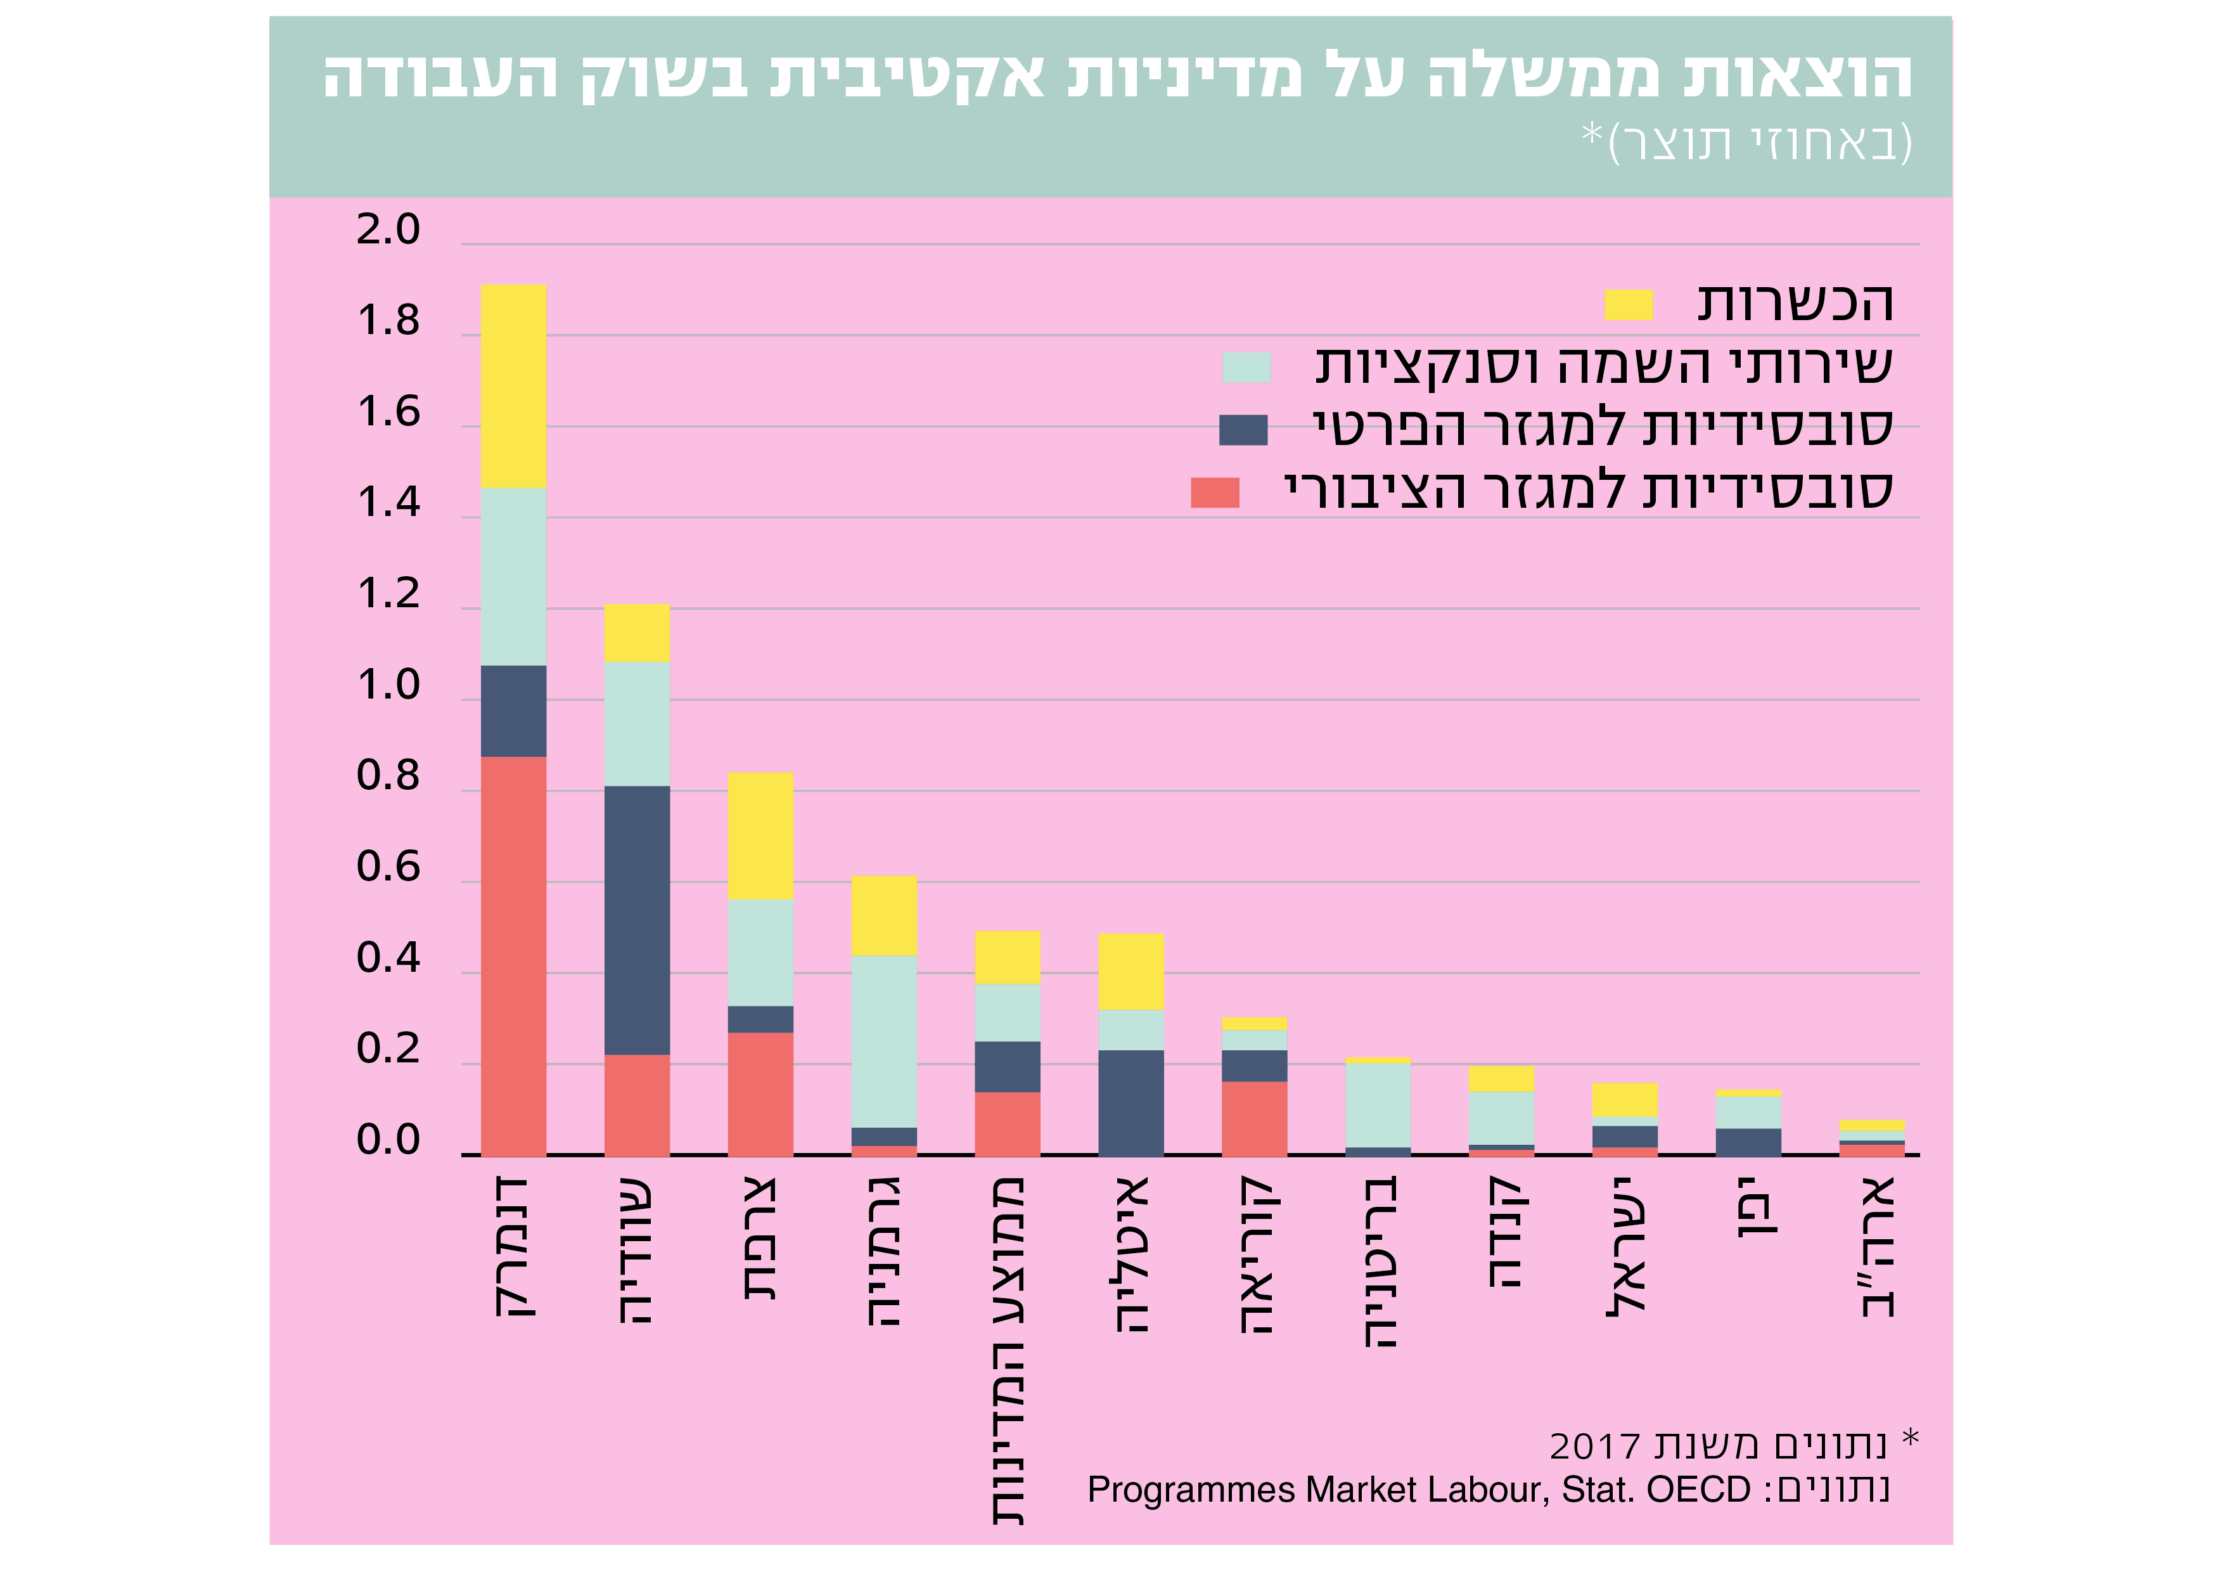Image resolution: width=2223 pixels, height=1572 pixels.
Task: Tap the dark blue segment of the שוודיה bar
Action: [x=637, y=920]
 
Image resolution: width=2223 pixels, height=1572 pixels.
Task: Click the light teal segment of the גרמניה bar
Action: [x=884, y=1041]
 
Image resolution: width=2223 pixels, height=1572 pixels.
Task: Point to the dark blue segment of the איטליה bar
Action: [x=1131, y=1102]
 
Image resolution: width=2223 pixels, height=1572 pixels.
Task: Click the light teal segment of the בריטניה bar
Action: [x=1378, y=1105]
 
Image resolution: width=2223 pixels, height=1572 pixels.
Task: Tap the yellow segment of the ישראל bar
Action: [x=1625, y=1099]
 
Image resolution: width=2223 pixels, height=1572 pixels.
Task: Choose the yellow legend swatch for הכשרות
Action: [x=1629, y=304]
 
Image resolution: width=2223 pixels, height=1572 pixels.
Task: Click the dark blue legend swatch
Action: [x=1243, y=429]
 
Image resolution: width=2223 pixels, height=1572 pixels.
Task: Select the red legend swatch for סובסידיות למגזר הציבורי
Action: [x=1214, y=492]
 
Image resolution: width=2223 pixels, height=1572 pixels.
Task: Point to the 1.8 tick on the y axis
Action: [x=388, y=321]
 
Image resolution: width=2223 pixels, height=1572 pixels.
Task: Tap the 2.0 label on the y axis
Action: [x=388, y=229]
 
